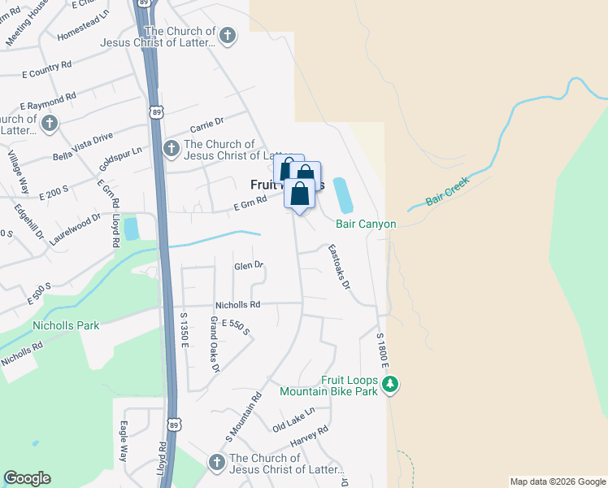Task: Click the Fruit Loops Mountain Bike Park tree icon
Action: pos(390,384)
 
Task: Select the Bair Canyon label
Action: pos(366,224)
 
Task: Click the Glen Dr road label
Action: pos(250,265)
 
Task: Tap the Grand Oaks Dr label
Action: pos(215,345)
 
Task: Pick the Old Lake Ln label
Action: pos(293,420)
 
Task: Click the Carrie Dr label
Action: pos(206,124)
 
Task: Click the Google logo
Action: pos(27,478)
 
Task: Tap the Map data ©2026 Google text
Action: pos(558,481)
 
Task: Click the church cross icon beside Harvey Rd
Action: pos(216,463)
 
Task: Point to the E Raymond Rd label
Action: pos(47,101)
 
